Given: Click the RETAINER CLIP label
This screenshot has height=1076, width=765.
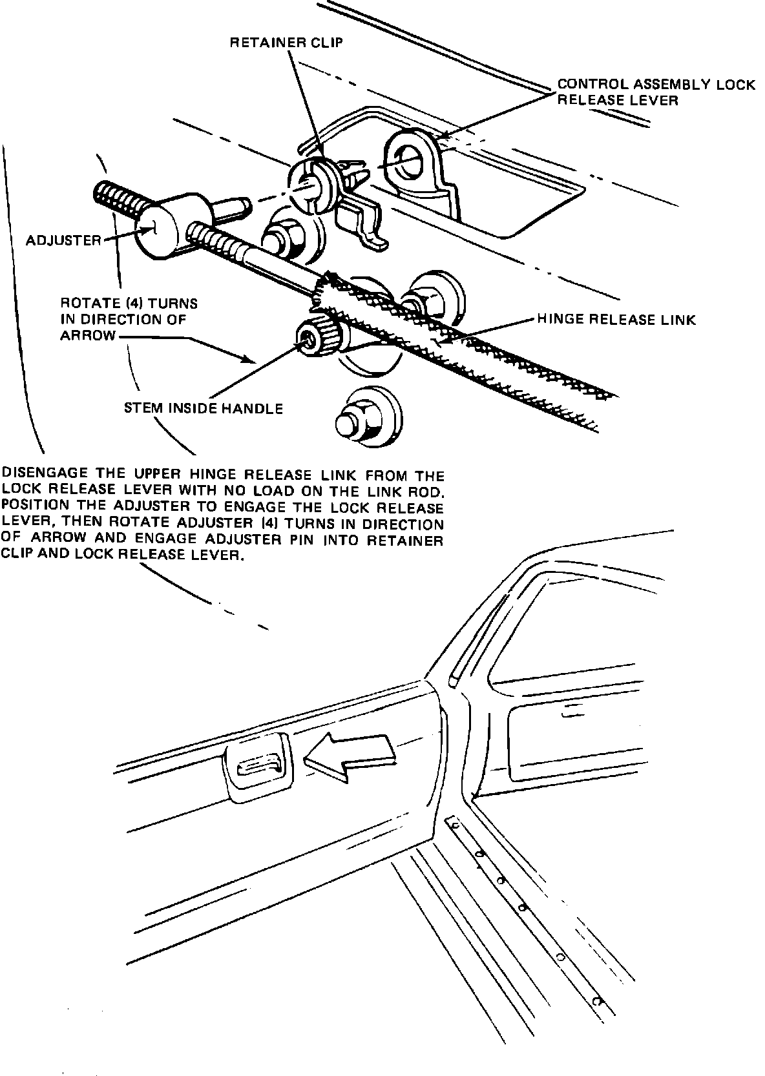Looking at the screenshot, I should pos(287,43).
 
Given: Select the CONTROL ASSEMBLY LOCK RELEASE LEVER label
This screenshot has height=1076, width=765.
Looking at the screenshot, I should pos(656,92).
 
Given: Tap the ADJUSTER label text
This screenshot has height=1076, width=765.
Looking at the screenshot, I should pos(63,241).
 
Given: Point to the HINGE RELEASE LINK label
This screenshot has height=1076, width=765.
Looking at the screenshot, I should pos(616,319).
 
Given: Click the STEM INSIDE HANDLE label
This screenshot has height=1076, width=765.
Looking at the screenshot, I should pos(203,408).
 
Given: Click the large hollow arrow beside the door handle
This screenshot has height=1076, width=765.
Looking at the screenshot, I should pos(348,752).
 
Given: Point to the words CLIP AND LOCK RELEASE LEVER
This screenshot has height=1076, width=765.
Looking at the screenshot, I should pos(123,555).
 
